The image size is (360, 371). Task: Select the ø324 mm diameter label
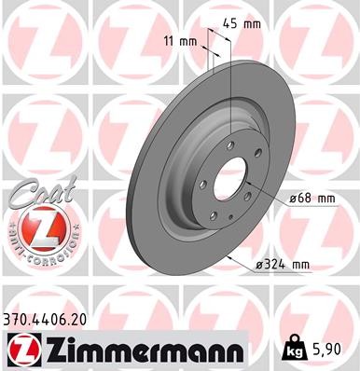tap(283, 266)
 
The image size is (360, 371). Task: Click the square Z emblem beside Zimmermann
tap(20, 350)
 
